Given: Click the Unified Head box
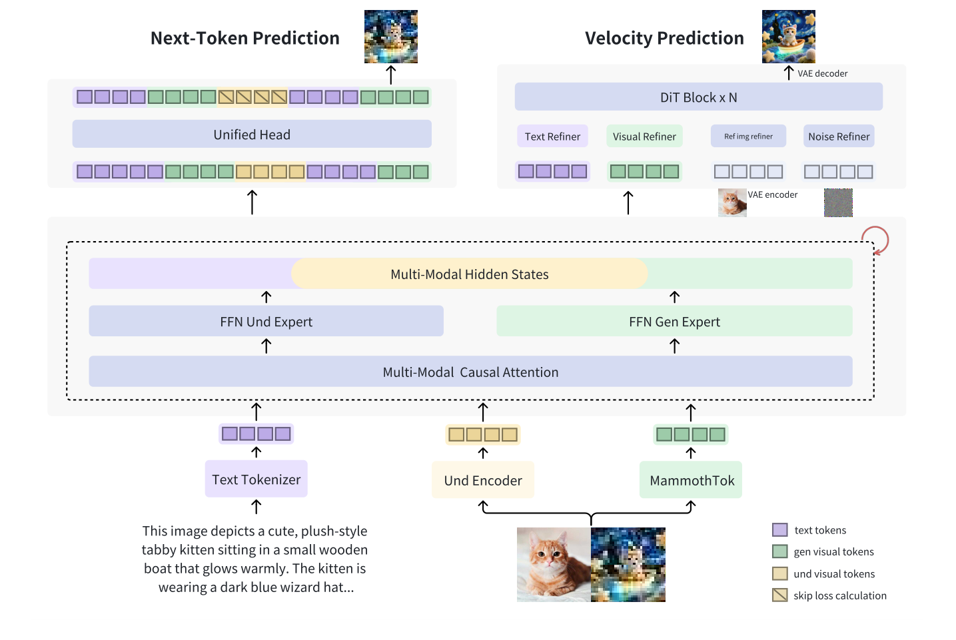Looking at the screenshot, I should tap(252, 135).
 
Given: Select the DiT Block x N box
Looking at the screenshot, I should tap(698, 97).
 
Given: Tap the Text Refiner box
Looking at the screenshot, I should tap(552, 137).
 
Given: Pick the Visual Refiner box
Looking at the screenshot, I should tap(644, 137).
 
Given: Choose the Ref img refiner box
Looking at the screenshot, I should tap(748, 137).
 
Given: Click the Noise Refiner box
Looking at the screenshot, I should tap(839, 137).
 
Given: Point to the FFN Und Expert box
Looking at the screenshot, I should tap(266, 322).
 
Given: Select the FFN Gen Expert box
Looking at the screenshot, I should tap(674, 322).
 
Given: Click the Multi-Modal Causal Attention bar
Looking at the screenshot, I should tap(470, 372).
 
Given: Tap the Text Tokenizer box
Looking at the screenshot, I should tap(256, 480).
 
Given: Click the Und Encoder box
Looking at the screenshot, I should tap(483, 480).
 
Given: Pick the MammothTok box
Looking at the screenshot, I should tap(692, 480).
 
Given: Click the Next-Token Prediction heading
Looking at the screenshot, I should tap(244, 38).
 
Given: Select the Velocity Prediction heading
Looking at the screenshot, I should tap(664, 38).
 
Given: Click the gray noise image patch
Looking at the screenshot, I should tap(838, 202).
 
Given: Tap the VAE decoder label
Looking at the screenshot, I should tap(823, 73).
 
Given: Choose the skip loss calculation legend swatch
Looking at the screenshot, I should tap(779, 595).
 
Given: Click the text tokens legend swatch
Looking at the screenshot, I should tap(779, 530).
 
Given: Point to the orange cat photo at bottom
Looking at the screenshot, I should tap(553, 565).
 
